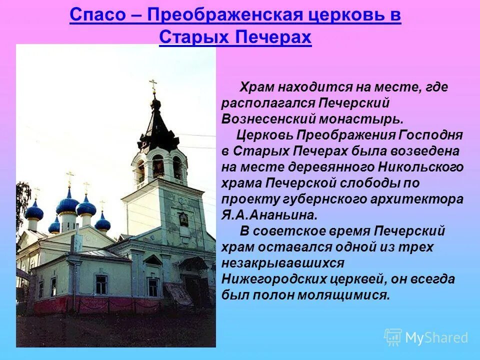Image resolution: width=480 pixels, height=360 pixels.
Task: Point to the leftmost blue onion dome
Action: (34, 210)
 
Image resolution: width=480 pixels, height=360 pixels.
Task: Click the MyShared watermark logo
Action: (426, 337)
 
